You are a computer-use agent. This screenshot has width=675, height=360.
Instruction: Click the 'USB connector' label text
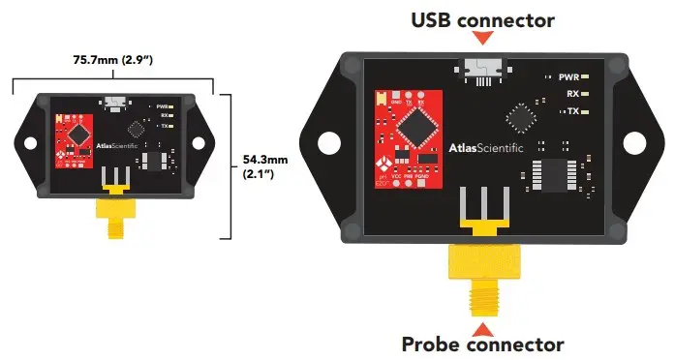483,19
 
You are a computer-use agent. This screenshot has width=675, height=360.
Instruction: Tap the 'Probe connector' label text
482,344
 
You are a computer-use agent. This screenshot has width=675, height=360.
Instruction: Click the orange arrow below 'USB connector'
483,38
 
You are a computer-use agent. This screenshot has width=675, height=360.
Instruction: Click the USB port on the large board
481,71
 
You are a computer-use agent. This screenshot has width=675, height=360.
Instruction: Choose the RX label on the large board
572,94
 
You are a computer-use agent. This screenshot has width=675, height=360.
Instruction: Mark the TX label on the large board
572,112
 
